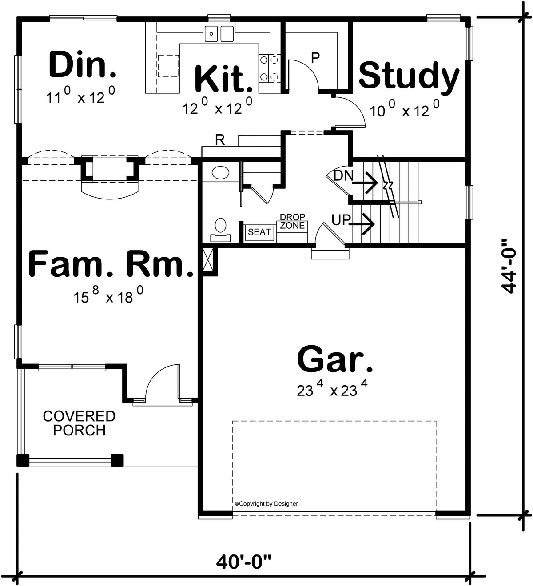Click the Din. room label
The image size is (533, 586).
82,65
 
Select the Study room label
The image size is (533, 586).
409,76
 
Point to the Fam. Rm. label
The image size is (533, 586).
111,264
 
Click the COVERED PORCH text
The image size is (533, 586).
79,423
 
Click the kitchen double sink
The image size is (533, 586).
219,34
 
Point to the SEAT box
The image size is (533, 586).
259,232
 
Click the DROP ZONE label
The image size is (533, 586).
292,221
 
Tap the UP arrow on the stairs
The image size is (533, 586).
362,223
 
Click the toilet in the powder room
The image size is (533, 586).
220,229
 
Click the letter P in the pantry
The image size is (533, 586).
315,57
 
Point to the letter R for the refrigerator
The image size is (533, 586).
220,140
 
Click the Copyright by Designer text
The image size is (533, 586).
266,503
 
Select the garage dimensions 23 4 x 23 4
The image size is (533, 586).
333,390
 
